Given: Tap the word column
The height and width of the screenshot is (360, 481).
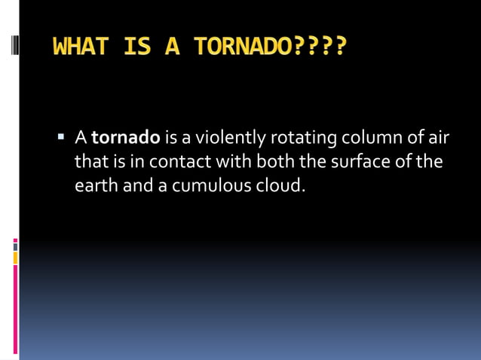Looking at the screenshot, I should click(x=365, y=139).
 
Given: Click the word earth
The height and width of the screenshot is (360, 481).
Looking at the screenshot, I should click(x=96, y=185).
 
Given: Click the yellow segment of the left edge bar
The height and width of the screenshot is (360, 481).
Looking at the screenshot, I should click(x=15, y=258).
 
